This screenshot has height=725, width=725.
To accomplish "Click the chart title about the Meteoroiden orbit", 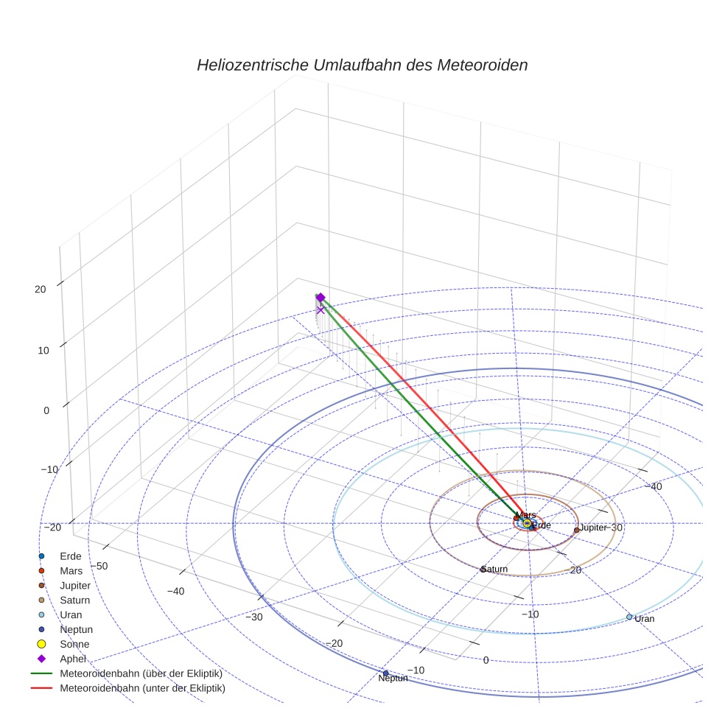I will pos(362,65).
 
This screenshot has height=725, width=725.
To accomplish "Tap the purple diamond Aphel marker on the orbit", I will pos(321,297).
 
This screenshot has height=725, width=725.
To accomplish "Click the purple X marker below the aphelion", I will pos(320,310).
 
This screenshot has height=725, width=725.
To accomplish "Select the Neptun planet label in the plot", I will pos(393,678).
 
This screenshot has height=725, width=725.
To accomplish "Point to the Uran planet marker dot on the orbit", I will pos(629,617).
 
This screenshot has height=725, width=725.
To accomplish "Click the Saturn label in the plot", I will pos(495,570).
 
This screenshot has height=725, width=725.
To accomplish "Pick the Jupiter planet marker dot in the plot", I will pos(576,530).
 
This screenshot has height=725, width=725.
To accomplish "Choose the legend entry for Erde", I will pos(71,556).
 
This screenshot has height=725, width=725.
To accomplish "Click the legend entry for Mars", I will pos(71,571).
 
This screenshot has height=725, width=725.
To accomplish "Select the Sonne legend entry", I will pos(74,644).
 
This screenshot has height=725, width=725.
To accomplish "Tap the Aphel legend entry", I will pos(73,659).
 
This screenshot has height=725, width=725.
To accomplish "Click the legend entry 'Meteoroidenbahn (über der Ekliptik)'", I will pos(141,673).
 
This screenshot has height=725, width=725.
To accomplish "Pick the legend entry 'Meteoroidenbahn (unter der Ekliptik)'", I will pos(142,688).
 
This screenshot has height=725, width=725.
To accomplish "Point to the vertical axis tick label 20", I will pos(41,290).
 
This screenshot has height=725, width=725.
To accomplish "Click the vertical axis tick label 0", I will pos(46,410).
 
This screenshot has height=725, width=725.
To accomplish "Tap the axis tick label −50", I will pos(98,566).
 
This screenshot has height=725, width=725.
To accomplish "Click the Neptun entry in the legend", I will pos(76,629).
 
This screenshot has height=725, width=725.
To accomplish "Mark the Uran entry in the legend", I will pos(71,614).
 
